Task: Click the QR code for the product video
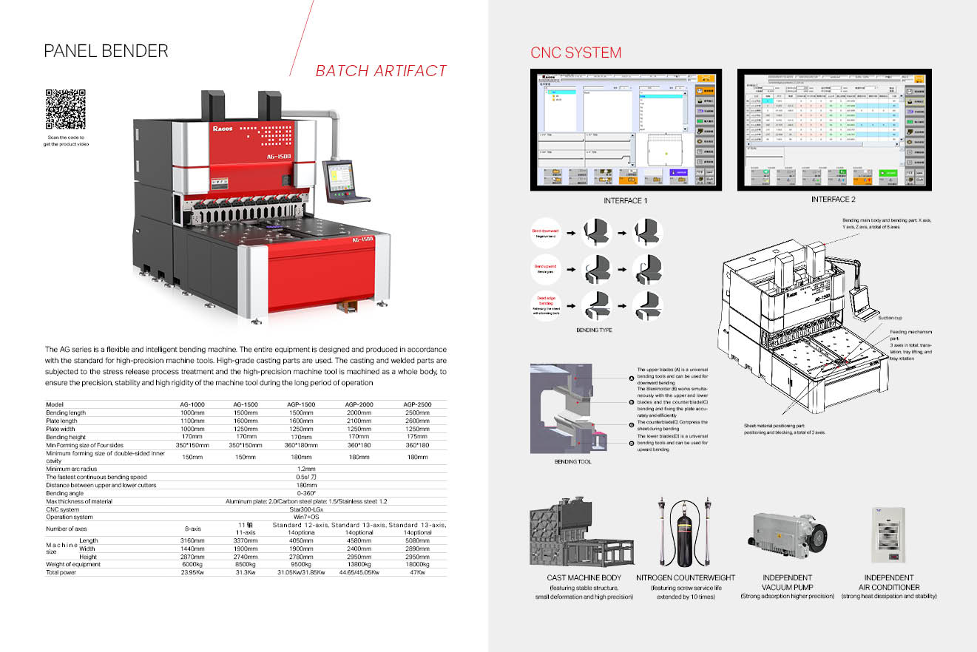66,109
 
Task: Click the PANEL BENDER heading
106,51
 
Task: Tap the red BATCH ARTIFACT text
381,71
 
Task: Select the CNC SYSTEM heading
575,52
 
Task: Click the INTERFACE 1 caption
626,200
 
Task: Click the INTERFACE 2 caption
833,200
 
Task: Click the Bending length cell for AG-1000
192,412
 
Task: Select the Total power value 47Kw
417,572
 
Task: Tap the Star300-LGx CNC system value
306,509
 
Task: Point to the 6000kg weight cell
192,565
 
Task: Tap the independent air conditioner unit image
889,534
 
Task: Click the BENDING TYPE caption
594,330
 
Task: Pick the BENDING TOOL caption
573,462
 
